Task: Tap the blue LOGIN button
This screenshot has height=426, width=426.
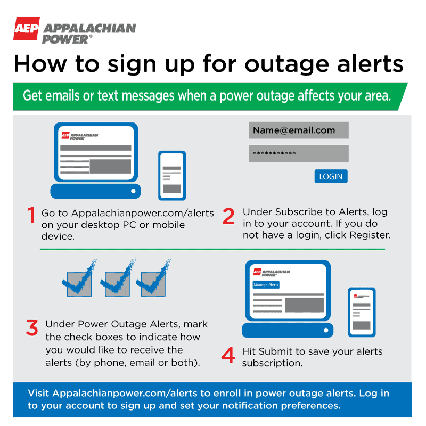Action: [x=331, y=176]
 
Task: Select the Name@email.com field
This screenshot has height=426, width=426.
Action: [x=299, y=130]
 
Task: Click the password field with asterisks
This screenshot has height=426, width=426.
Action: [x=299, y=154]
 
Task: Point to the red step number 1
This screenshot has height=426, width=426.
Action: [x=31, y=215]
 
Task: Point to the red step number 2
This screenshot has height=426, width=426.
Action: [x=228, y=216]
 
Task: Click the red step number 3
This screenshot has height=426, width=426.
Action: [x=32, y=328]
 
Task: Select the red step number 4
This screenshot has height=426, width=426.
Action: [x=228, y=355]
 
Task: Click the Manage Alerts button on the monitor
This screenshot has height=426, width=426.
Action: [x=266, y=285]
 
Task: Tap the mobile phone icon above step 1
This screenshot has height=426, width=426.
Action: [x=171, y=175]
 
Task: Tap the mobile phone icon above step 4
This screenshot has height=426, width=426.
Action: [x=362, y=312]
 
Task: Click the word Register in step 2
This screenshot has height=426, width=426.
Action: [x=370, y=235]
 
